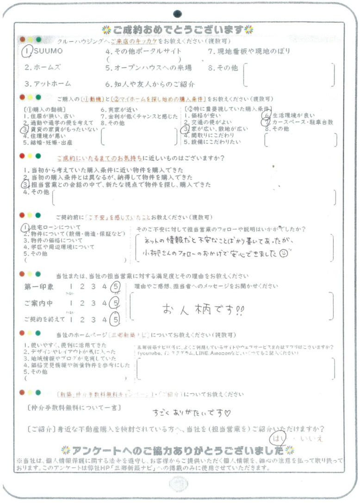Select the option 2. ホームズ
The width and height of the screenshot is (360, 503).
(42, 67)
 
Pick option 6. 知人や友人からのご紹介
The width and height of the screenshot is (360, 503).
(150, 84)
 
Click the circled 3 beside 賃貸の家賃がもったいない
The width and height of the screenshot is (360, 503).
(26, 130)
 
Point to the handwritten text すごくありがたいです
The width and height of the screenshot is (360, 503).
(192, 411)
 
